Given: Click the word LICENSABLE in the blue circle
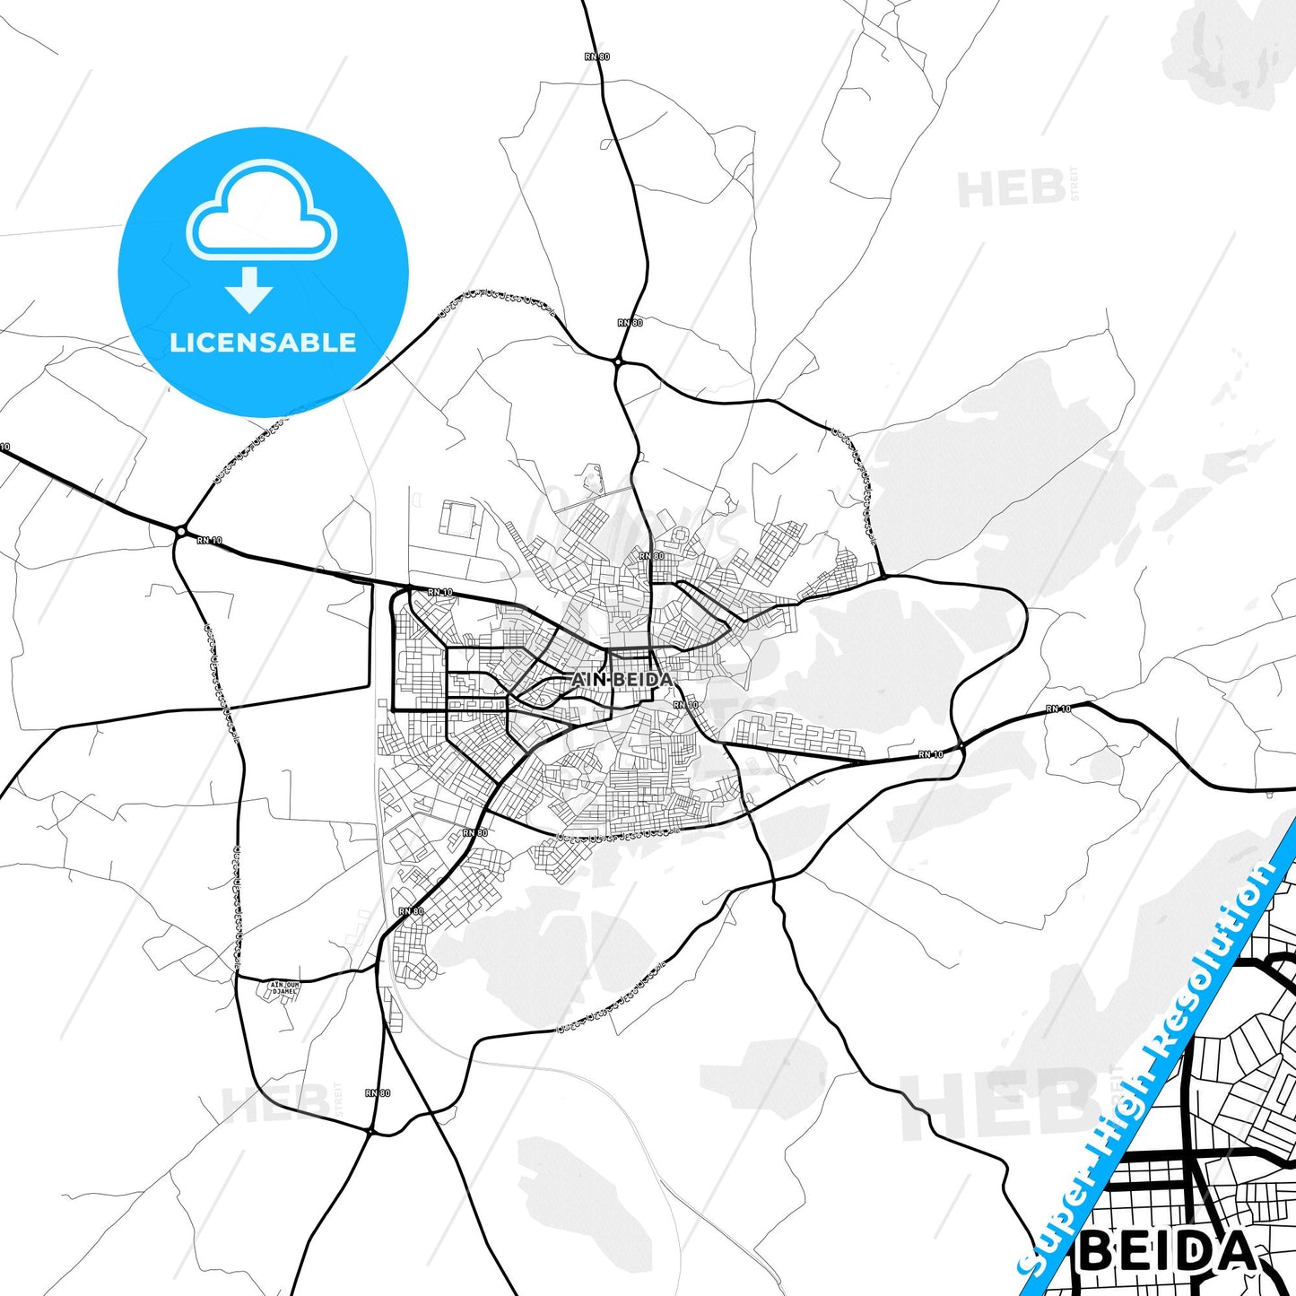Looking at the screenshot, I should (x=263, y=343).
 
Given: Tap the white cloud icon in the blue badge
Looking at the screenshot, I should (x=262, y=213).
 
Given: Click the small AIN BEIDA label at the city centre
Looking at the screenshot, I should (x=622, y=680).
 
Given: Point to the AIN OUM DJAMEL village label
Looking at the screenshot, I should (x=284, y=988).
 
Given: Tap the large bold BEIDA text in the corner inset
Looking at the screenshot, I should (x=1168, y=1252).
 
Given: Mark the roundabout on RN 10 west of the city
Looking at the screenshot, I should (x=181, y=531).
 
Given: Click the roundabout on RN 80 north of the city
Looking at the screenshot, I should (x=619, y=361).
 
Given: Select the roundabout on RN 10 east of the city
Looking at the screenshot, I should (x=960, y=745).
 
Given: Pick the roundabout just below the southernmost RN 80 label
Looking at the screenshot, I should (x=370, y=1132).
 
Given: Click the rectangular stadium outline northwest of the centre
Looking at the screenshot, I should (x=458, y=519).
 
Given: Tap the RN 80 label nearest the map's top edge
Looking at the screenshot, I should (x=597, y=57).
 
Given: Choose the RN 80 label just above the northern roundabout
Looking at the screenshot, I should (x=630, y=322).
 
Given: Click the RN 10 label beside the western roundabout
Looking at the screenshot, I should (x=209, y=540).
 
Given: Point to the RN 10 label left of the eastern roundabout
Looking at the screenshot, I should (x=931, y=754).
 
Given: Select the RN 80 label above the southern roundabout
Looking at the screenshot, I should (x=378, y=1093).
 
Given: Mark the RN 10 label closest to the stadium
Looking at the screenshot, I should (x=440, y=592).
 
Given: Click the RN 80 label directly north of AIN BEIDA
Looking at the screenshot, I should (x=652, y=556).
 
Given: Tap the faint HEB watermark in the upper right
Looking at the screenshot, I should (x=1012, y=189).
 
